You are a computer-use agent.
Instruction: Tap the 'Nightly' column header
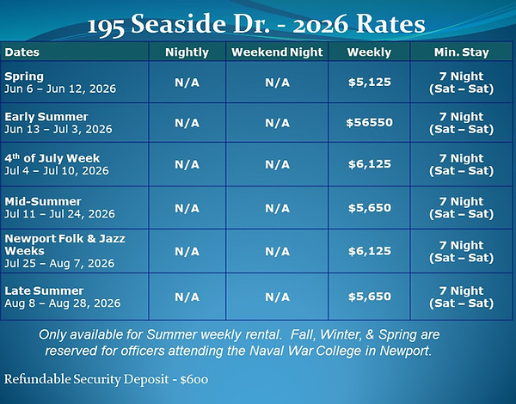pos(187,52)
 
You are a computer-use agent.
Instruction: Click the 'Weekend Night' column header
pos(277,52)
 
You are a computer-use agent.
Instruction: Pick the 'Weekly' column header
pos(369,52)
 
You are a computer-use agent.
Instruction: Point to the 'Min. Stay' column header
pos(461,52)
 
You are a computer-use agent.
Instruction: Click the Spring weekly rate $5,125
pos(369,82)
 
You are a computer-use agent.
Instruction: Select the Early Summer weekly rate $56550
pos(369,123)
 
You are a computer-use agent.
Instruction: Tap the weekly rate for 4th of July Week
pos(369,165)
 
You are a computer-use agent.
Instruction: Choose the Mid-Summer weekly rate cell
pos(369,207)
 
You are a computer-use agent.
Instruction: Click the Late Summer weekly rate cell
pos(369,297)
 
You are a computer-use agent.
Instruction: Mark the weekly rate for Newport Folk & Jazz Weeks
pos(369,251)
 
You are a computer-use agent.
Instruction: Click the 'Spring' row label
pos(24,76)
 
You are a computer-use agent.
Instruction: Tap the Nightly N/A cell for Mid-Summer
pos(187,207)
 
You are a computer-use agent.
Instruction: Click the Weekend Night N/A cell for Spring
pos(277,82)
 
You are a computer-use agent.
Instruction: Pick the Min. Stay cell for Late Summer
pos(461,297)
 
